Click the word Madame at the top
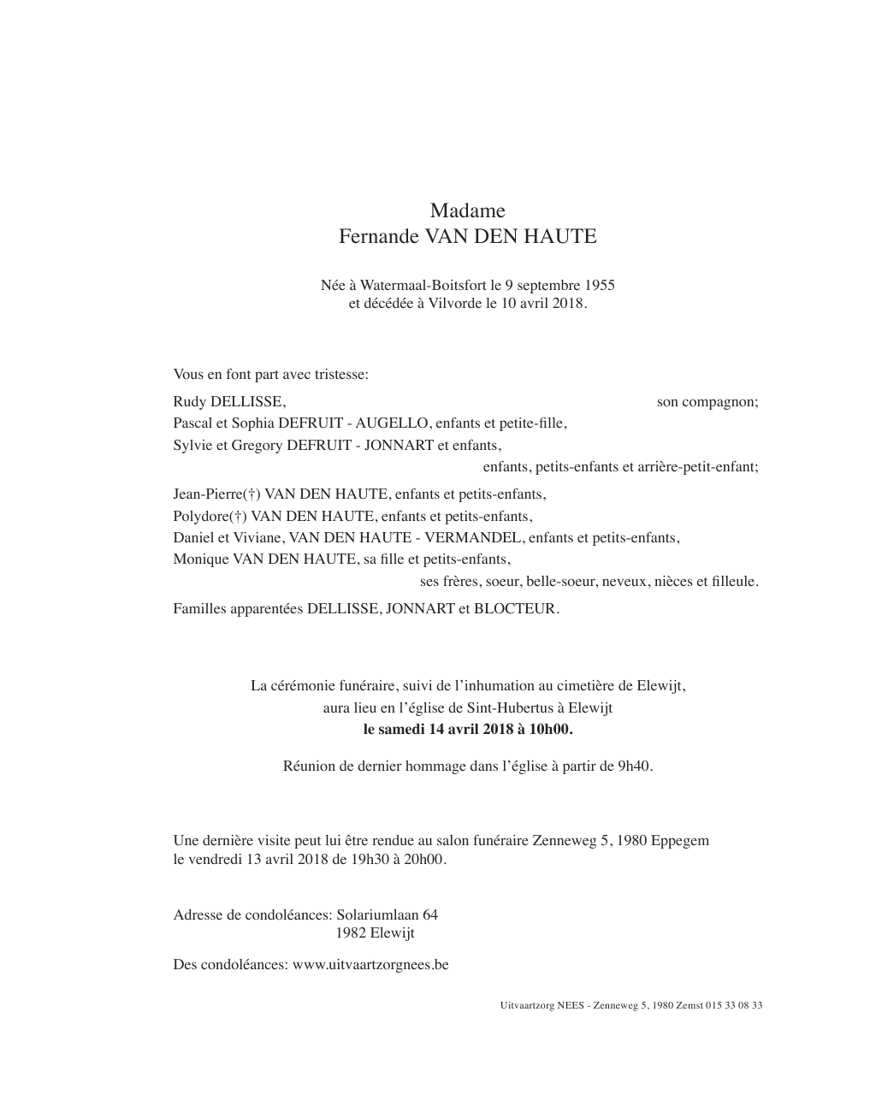click(x=467, y=210)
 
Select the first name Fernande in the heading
click(x=374, y=237)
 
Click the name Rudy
click(x=189, y=401)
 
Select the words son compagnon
click(x=707, y=401)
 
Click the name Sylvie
click(x=192, y=445)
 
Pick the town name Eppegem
click(x=679, y=840)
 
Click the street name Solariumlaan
click(x=378, y=914)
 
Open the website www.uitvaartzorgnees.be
click(x=370, y=964)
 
